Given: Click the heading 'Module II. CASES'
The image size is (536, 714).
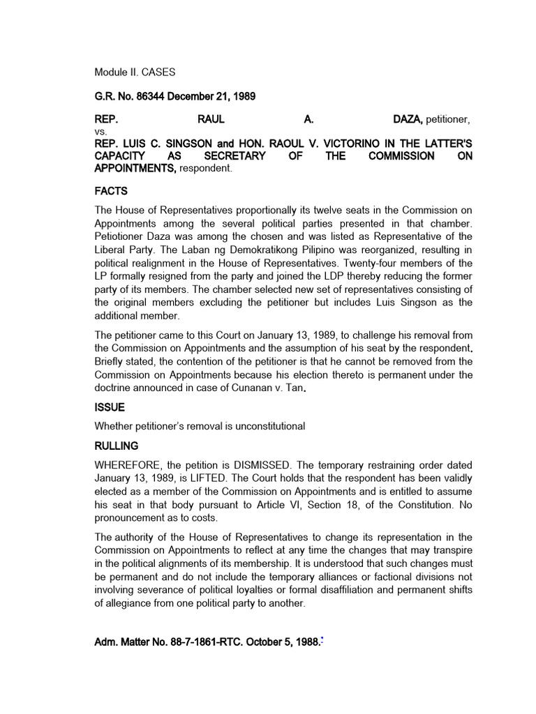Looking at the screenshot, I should tap(135, 72).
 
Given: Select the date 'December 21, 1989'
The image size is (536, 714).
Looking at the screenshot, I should tap(209, 96).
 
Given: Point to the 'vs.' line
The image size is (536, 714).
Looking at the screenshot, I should tap(101, 132).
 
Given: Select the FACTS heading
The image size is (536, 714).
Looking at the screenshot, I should tap(112, 191).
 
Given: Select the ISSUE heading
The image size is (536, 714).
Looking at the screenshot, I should tap(110, 408).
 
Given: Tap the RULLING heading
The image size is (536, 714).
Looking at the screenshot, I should tap(117, 445).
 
